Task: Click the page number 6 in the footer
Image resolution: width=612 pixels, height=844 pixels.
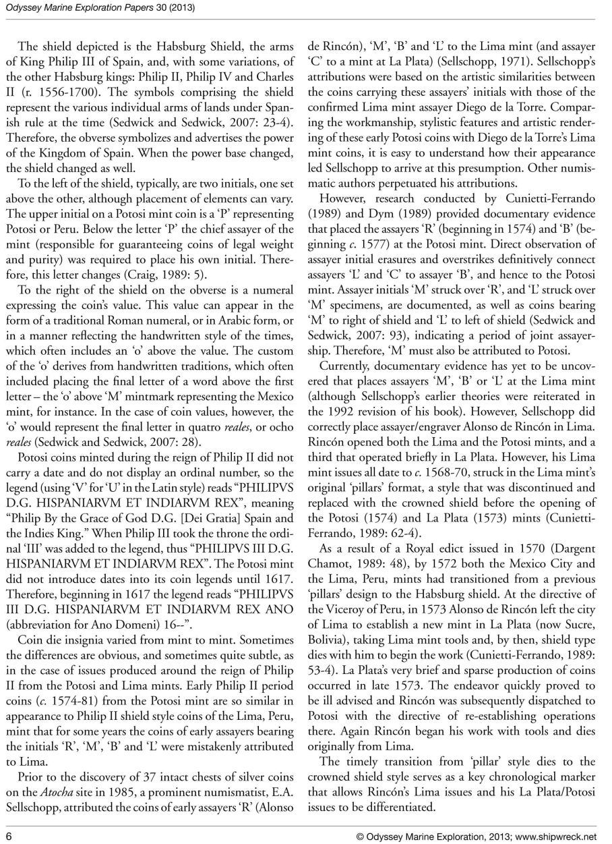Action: (x=9, y=836)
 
